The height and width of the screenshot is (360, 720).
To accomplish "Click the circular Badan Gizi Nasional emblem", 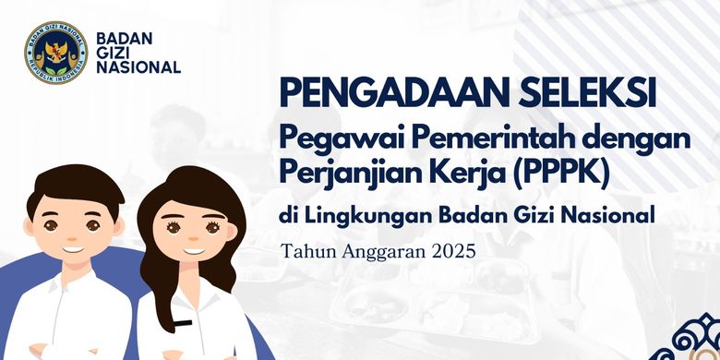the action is [x=56, y=53].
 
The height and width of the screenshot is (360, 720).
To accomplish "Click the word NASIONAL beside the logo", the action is [x=138, y=67].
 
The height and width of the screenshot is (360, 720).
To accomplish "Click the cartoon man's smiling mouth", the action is [x=74, y=249].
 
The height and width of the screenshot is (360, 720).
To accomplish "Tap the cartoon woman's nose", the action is [x=193, y=239].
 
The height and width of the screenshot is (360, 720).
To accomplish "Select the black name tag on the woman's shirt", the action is [x=183, y=323].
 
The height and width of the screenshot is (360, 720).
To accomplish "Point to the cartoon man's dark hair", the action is [x=74, y=187].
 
